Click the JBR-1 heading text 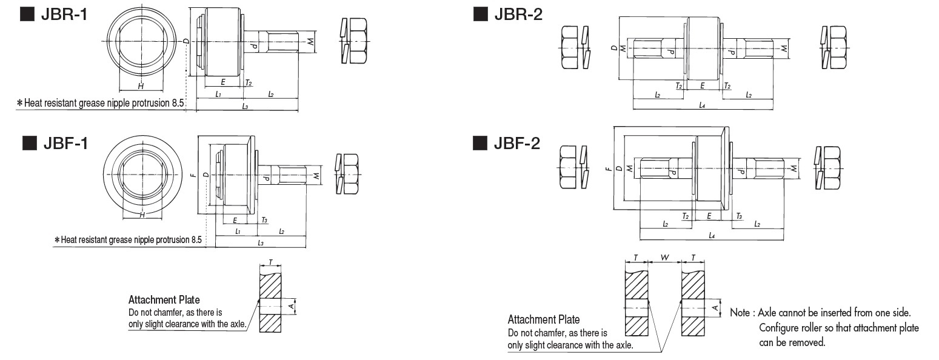point(63,15)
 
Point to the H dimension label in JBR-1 point(141,86)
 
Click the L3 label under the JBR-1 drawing point(245,106)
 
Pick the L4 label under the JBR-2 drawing point(702,105)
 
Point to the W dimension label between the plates point(664,258)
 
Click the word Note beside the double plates point(740,313)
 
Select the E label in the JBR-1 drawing point(223,81)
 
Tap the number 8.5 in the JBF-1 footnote point(196,240)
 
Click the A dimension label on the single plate point(292,308)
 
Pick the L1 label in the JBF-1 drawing point(237,232)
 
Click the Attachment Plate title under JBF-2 point(543,319)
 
